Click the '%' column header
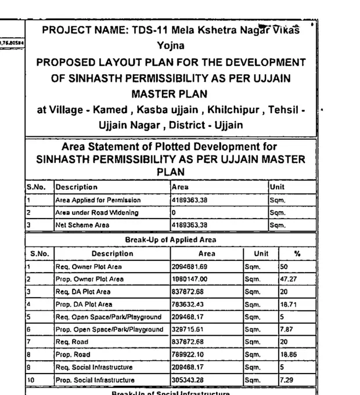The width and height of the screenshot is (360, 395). [297, 253]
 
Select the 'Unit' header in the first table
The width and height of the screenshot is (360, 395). [277, 187]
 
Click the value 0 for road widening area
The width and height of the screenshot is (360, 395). [174, 212]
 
